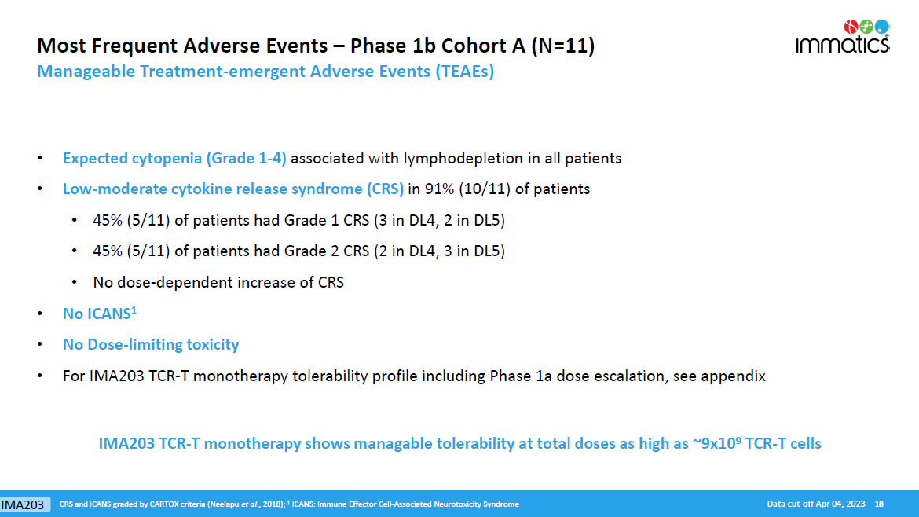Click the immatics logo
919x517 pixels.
[x=843, y=36]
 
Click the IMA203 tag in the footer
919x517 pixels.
[x=23, y=504]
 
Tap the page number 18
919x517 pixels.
[x=879, y=504]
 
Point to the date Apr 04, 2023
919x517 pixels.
[x=840, y=504]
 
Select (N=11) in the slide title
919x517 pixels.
[x=562, y=46]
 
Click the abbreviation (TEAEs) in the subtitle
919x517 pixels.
[x=464, y=71]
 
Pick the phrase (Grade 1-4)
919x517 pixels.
[x=246, y=158]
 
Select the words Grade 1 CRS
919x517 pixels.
[x=327, y=221]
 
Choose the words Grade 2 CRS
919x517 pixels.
[x=327, y=251]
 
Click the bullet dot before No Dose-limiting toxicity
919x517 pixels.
[x=40, y=344]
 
